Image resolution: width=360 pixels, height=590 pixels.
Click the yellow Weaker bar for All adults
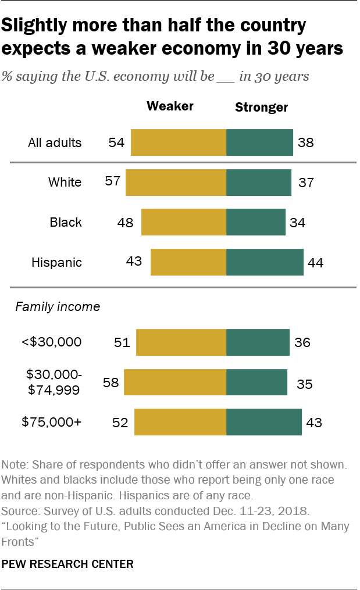point(178,142)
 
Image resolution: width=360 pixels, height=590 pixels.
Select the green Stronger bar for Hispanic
point(265,262)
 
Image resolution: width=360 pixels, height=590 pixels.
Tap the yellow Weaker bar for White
point(176,183)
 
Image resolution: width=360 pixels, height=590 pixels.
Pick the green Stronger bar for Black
point(256,222)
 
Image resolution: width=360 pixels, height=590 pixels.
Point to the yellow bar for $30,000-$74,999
point(174,383)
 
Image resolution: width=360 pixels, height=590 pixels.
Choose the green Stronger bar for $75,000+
point(263,422)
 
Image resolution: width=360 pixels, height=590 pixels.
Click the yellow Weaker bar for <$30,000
point(181,342)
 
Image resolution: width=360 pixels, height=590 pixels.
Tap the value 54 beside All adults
point(116,142)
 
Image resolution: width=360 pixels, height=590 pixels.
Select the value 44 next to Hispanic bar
point(316,262)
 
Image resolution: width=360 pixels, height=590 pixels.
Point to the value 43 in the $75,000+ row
point(314,422)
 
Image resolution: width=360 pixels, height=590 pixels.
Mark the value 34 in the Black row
point(298,222)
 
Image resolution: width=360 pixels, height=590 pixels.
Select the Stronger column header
point(261,107)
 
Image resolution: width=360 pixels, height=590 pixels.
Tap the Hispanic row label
point(56,262)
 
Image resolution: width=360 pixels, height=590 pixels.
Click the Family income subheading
point(58,306)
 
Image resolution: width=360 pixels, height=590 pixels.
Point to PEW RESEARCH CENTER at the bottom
point(67,564)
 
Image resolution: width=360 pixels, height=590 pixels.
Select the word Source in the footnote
point(19,512)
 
